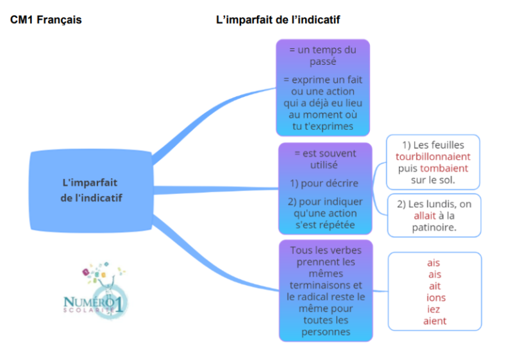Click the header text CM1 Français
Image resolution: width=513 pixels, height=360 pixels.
click(x=46, y=20)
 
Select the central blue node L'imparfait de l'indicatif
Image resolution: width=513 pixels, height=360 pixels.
click(x=90, y=190)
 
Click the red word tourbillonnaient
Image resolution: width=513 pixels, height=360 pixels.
click(x=433, y=157)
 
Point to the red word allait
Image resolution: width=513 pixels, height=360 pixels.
click(x=425, y=216)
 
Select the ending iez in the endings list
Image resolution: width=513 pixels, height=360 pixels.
click(x=434, y=309)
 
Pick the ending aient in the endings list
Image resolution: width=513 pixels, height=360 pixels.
click(x=435, y=321)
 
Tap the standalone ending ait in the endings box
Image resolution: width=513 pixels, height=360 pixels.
click(x=434, y=286)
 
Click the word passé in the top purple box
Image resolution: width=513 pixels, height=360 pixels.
click(x=323, y=62)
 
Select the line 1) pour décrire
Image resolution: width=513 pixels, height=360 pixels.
click(x=324, y=184)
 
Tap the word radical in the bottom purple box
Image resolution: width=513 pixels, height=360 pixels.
click(x=318, y=296)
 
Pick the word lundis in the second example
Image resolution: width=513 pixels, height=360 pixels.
click(x=444, y=204)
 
